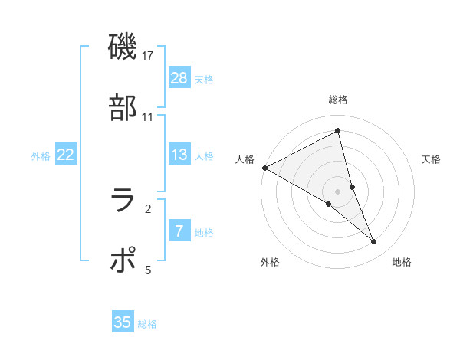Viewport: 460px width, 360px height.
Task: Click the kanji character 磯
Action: (x=123, y=47)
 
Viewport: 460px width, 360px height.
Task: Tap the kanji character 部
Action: (x=123, y=108)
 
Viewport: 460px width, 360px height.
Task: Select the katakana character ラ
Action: (x=123, y=201)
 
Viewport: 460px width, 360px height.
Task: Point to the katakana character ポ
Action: (x=123, y=261)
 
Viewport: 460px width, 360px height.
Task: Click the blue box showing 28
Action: (x=179, y=78)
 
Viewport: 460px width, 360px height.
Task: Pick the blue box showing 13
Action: (x=179, y=155)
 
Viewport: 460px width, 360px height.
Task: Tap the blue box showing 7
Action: (x=179, y=231)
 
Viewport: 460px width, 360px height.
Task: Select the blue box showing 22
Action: (x=66, y=155)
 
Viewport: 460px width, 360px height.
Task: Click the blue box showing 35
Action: (x=123, y=322)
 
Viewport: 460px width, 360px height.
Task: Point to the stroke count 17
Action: (x=149, y=56)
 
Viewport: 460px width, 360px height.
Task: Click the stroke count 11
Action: (x=148, y=117)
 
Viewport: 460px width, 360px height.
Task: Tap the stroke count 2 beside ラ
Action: (x=148, y=208)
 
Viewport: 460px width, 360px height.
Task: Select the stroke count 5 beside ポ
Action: (x=148, y=270)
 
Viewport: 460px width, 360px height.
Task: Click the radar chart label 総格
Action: (x=338, y=100)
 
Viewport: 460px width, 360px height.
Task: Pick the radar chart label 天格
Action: (x=431, y=159)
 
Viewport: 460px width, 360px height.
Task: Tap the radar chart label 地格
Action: (x=402, y=262)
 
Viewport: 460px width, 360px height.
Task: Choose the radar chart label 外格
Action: (x=270, y=262)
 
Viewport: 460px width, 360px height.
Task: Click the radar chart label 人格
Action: (x=245, y=159)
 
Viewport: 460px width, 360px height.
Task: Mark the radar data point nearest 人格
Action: (x=264, y=167)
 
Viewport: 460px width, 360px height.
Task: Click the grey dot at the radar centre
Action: (x=338, y=191)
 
